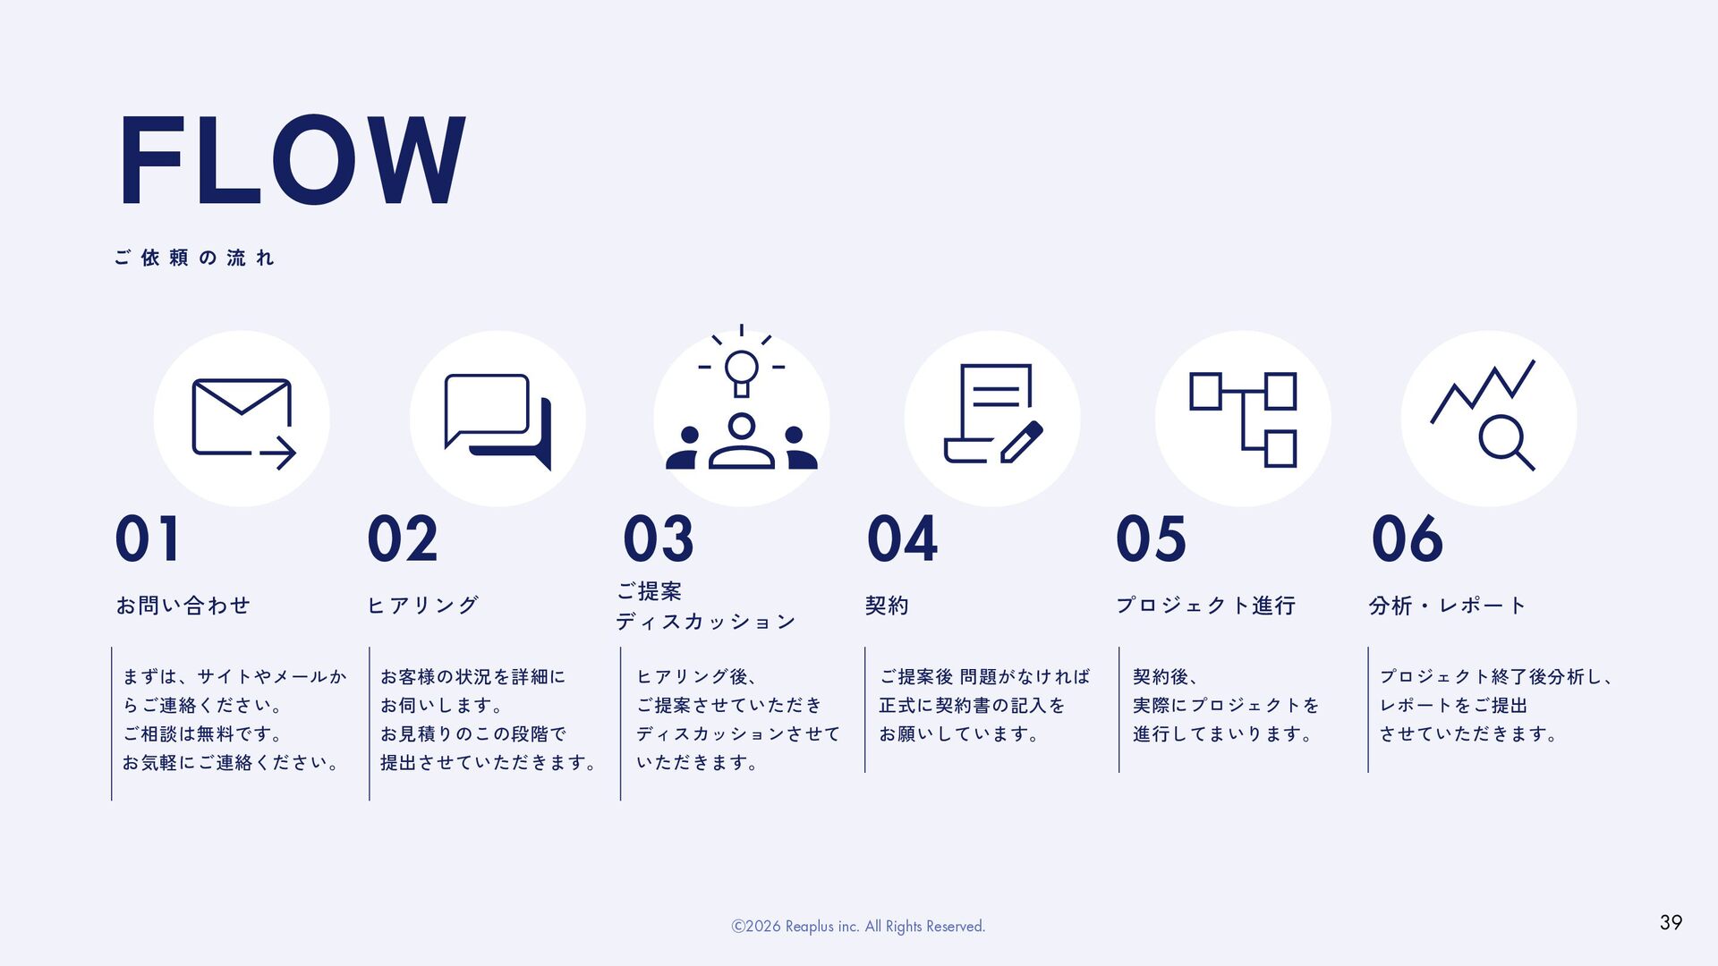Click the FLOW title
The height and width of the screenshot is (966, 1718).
pos(291,161)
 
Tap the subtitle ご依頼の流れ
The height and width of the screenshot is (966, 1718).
pos(194,258)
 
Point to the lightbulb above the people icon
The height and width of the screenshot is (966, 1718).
pos(741,369)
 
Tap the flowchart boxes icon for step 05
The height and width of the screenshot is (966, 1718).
pos(1243,419)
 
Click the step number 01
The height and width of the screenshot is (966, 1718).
pos(148,539)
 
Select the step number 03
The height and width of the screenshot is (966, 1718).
pos(659,539)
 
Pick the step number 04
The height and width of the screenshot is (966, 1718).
pos(902,539)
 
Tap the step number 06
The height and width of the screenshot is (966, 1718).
pos(1407,539)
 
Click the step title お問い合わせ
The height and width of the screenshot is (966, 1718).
pos(183,606)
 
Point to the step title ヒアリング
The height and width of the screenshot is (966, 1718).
pos(423,606)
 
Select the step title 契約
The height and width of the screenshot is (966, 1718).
pos(887,606)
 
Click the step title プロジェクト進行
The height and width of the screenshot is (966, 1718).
pos(1205,606)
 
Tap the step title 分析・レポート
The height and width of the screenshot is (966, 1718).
pos(1447,606)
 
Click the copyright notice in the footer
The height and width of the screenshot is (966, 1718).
pos(858,927)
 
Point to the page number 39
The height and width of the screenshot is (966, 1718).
pos(1671,923)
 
